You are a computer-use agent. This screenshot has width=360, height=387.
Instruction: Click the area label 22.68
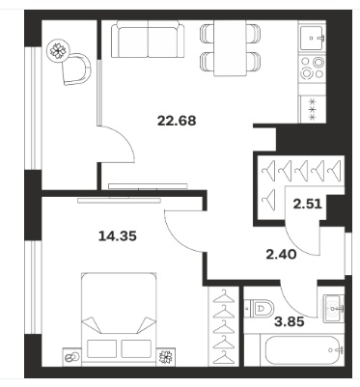pyautogui.click(x=177, y=121)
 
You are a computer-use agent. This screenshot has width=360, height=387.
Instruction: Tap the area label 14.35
pyautogui.click(x=118, y=236)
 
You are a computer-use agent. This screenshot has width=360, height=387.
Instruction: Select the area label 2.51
pyautogui.click(x=308, y=204)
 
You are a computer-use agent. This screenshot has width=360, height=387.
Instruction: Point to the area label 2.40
pyautogui.click(x=281, y=255)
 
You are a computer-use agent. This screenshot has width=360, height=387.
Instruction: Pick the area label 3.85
pyautogui.click(x=289, y=321)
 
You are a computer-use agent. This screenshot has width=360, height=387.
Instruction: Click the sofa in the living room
pyautogui.click(x=149, y=40)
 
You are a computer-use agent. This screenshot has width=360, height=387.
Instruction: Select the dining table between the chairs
pyautogui.click(x=231, y=48)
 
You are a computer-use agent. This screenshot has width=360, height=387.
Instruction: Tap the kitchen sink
pyautogui.click(x=313, y=38)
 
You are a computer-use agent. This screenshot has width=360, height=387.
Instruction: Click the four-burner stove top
pyautogui.click(x=313, y=69)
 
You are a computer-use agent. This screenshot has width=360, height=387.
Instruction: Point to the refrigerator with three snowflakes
pyautogui.click(x=313, y=109)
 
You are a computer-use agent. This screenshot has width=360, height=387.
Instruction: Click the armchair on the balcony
pyautogui.click(x=77, y=69)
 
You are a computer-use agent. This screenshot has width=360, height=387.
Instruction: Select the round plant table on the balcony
pyautogui.click(x=58, y=51)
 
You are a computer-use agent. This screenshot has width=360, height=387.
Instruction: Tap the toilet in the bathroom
pyautogui.click(x=259, y=309)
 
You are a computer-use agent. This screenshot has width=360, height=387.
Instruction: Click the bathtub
pyautogui.click(x=304, y=350)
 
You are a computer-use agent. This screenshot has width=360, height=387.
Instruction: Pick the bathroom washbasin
pyautogui.click(x=333, y=309)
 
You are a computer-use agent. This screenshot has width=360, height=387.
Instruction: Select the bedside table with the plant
pyautogui.click(x=166, y=357)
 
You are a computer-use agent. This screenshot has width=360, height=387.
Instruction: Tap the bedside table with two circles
pyautogui.click(x=71, y=357)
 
